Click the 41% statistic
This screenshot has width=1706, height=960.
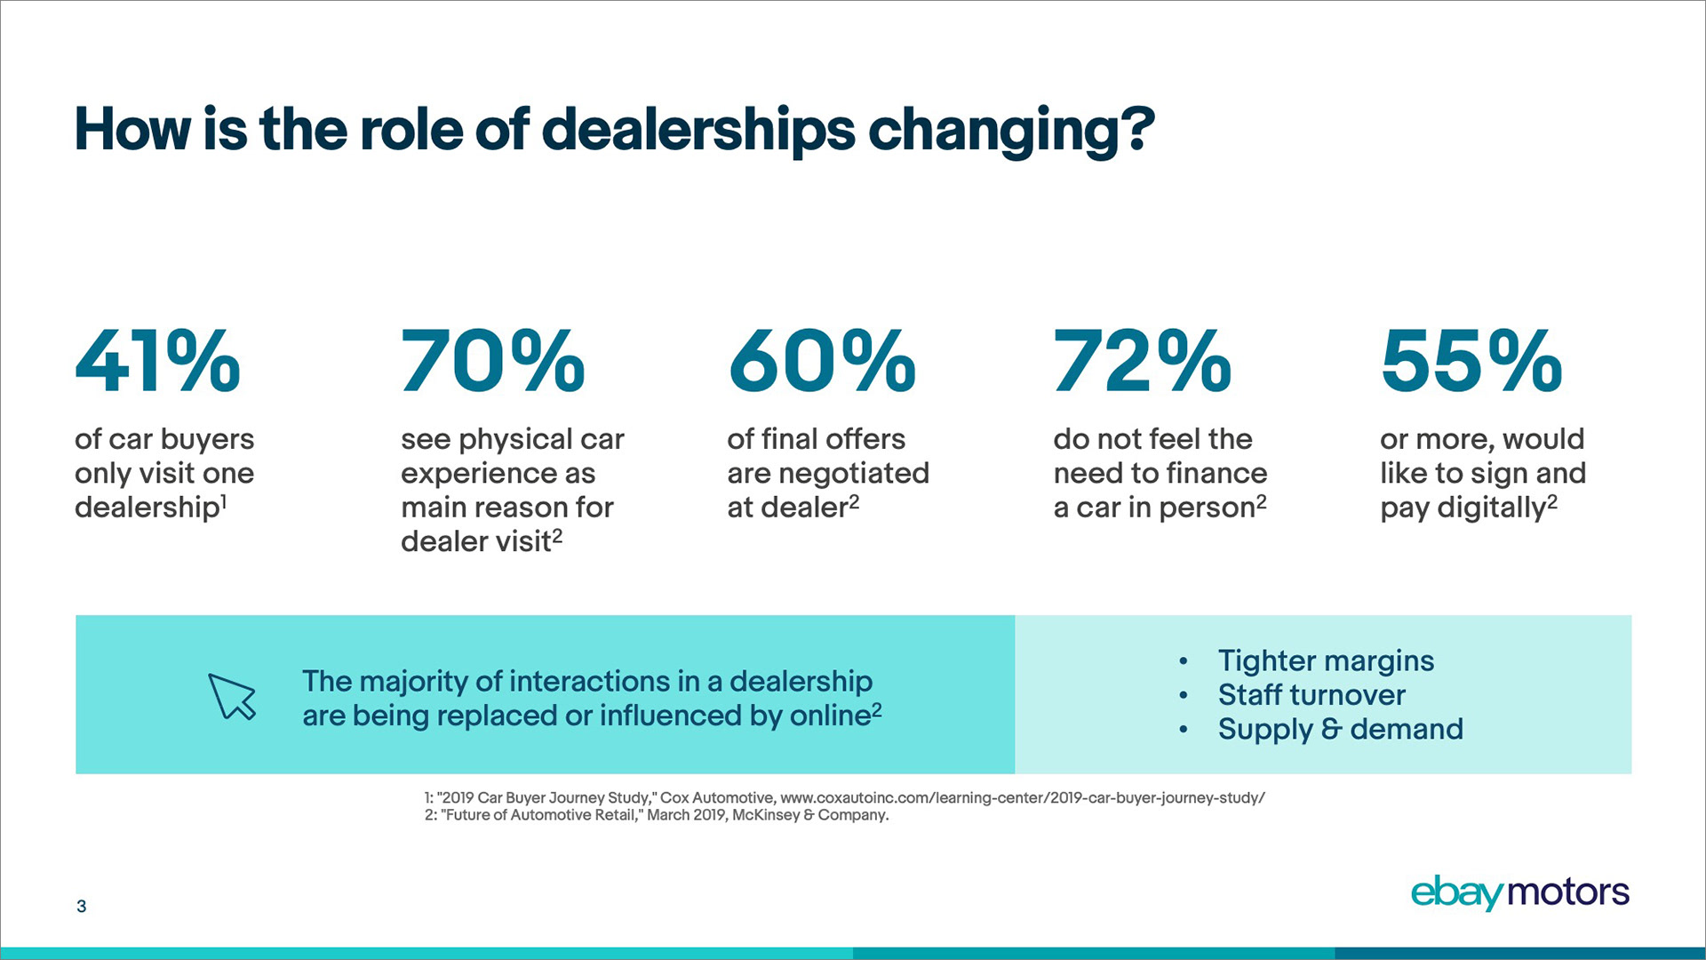157,361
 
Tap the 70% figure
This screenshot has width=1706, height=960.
492,361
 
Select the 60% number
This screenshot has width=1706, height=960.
822,361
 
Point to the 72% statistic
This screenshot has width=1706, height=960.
1143,361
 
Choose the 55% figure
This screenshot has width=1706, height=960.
1471,361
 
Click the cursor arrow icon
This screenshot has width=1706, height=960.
232,696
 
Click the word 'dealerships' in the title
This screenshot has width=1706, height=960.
698,130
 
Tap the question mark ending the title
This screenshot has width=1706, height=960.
1136,130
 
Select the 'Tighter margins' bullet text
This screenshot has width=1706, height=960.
1326,660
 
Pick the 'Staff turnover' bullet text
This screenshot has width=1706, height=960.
1311,694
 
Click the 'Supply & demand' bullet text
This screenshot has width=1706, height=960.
1340,729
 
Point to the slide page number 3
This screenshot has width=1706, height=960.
82,906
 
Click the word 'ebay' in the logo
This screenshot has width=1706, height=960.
1457,892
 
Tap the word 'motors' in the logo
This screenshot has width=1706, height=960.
1569,892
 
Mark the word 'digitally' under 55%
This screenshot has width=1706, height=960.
1492,508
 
